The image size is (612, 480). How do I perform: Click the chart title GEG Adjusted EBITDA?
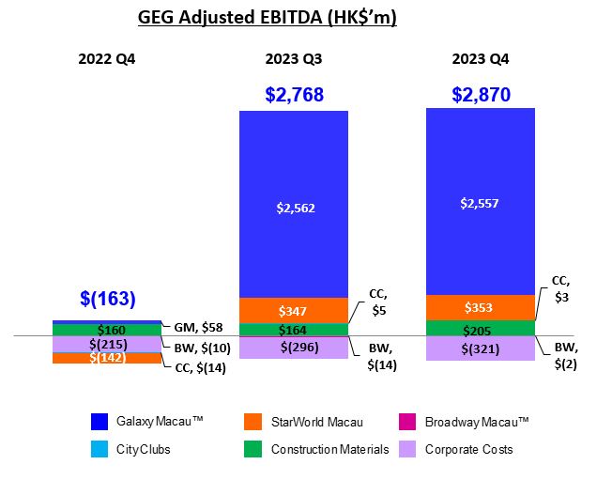pos(267,18)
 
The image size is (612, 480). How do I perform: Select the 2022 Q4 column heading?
pos(107,58)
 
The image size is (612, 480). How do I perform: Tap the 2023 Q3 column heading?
pos(293,58)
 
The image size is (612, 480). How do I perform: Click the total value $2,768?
pos(293,94)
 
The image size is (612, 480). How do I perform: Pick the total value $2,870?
pos(480,94)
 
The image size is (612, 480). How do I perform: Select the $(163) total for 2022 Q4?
pos(107,300)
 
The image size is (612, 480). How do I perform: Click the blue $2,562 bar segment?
pos(293,209)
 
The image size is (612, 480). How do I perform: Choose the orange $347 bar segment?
pos(293,310)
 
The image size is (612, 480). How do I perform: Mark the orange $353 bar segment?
pos(480,308)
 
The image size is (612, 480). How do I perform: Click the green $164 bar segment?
pos(293,330)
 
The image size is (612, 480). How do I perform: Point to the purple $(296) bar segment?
pos(293,347)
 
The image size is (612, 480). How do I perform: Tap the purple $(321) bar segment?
pos(480,348)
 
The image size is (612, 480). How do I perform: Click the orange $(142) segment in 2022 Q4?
pos(107,358)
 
